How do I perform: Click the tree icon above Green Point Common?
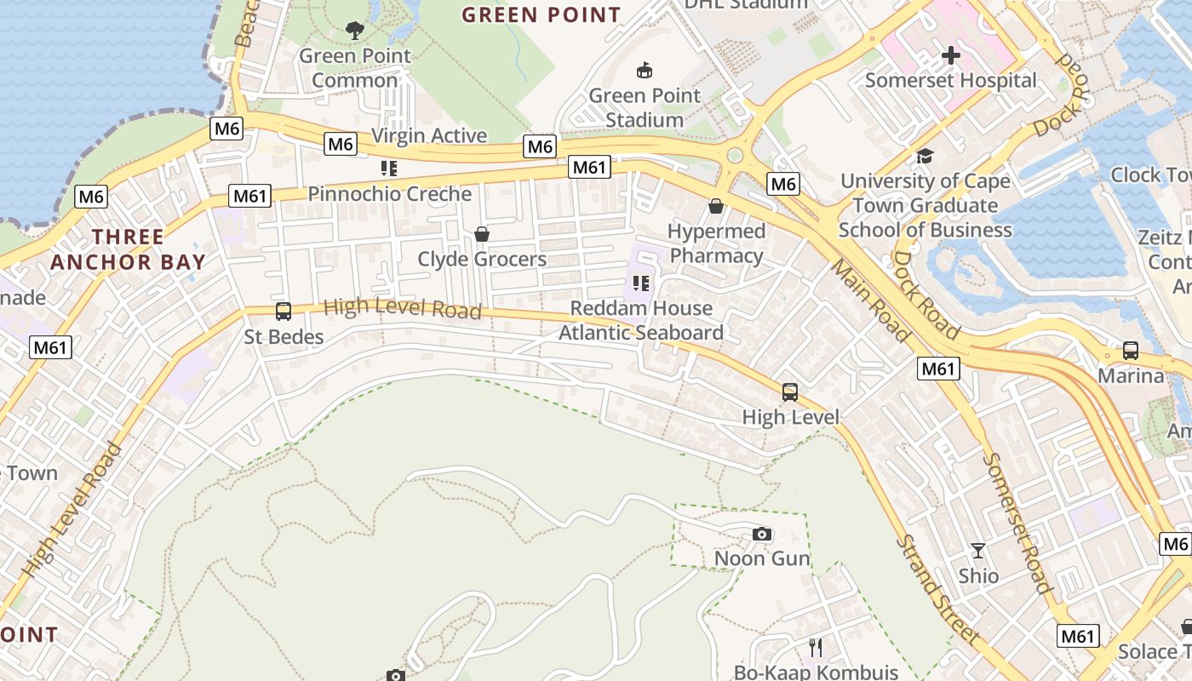coord(355,31)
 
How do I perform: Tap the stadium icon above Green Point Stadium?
coord(645,71)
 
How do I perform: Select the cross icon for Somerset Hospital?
coord(951,56)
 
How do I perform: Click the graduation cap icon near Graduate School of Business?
coord(925,156)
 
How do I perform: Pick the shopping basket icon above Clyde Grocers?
coord(482,234)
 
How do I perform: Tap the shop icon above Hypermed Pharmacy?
coord(716,206)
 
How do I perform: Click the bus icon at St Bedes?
coord(284,312)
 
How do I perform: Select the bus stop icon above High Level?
coord(790,392)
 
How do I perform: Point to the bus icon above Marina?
coord(1130,351)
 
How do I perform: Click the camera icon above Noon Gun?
coord(762,535)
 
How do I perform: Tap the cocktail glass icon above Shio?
coord(978,551)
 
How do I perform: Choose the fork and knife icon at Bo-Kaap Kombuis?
coord(816,648)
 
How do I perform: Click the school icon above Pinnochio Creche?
coord(389,169)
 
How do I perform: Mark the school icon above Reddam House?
coord(641,283)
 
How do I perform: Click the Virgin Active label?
coord(429,135)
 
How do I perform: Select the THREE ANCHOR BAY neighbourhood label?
coord(128,249)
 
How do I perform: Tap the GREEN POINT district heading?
coord(542,14)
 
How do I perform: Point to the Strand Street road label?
coord(937,588)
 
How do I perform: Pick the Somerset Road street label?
coord(1017,522)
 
